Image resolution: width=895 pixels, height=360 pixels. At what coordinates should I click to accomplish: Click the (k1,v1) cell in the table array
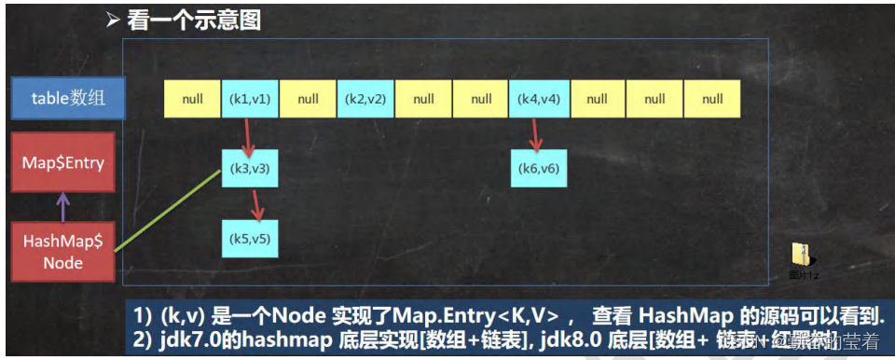pos(250,99)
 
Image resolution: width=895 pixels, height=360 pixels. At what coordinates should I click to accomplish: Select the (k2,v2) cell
pos(365,99)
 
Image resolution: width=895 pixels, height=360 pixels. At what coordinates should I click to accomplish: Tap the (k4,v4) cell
pos(539,99)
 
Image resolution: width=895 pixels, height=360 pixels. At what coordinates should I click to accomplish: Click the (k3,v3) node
pos(250,169)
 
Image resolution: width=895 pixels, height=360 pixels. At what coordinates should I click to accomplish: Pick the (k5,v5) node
pos(250,239)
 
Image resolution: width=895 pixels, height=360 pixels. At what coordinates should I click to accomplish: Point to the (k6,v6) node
pos(539,169)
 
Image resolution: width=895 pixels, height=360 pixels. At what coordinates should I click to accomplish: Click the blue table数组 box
pos(68,99)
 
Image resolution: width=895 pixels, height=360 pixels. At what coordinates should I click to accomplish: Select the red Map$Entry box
pos(63,163)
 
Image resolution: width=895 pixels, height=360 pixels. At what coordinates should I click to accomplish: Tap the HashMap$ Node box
pos(63,252)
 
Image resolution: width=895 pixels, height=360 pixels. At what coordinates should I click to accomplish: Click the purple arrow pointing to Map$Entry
pos(63,208)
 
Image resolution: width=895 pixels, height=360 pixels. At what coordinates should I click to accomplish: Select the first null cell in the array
pos(192,99)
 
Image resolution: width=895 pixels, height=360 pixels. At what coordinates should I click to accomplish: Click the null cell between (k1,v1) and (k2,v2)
pos(308,99)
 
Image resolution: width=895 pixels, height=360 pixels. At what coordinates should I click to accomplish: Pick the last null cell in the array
pos(712,99)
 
